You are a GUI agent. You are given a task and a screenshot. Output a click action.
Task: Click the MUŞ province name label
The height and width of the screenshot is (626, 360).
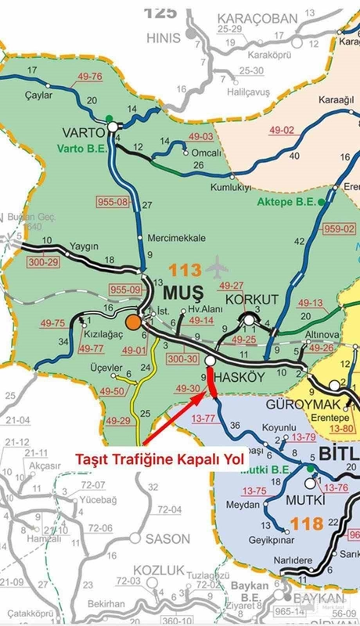[182, 293]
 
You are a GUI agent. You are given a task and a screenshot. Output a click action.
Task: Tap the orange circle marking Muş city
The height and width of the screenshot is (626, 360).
[134, 322]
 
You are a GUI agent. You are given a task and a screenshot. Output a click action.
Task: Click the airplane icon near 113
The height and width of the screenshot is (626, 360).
[217, 270]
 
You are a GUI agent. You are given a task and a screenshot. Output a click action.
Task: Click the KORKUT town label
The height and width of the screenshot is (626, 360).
[252, 300]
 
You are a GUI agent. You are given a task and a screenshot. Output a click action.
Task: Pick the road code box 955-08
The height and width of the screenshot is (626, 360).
[113, 203]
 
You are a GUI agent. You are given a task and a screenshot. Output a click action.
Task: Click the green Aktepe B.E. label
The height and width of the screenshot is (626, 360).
[286, 201]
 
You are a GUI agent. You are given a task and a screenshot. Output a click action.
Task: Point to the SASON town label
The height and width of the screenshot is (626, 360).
[167, 539]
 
